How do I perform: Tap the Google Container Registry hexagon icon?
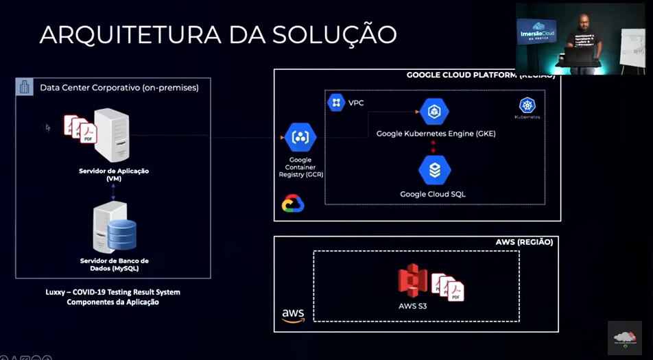[300, 138]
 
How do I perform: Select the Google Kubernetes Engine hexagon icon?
[434, 112]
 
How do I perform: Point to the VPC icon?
[336, 103]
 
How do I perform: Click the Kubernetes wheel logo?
[527, 105]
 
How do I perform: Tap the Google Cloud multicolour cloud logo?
[293, 204]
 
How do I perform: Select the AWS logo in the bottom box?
[293, 315]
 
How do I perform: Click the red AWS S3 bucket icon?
[413, 280]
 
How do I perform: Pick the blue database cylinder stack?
[122, 234]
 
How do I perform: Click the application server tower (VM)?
[112, 135]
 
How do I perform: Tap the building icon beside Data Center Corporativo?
[25, 87]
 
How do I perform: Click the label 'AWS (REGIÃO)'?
[524, 242]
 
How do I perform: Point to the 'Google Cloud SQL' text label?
[433, 194]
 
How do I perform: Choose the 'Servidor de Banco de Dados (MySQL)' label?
[114, 265]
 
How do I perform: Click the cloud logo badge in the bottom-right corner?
[625, 338]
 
